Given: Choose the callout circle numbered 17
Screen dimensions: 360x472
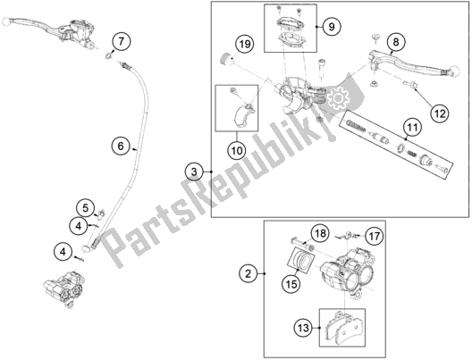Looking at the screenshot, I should (x=374, y=236).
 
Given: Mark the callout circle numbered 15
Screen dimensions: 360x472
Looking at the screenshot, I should (x=289, y=285).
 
